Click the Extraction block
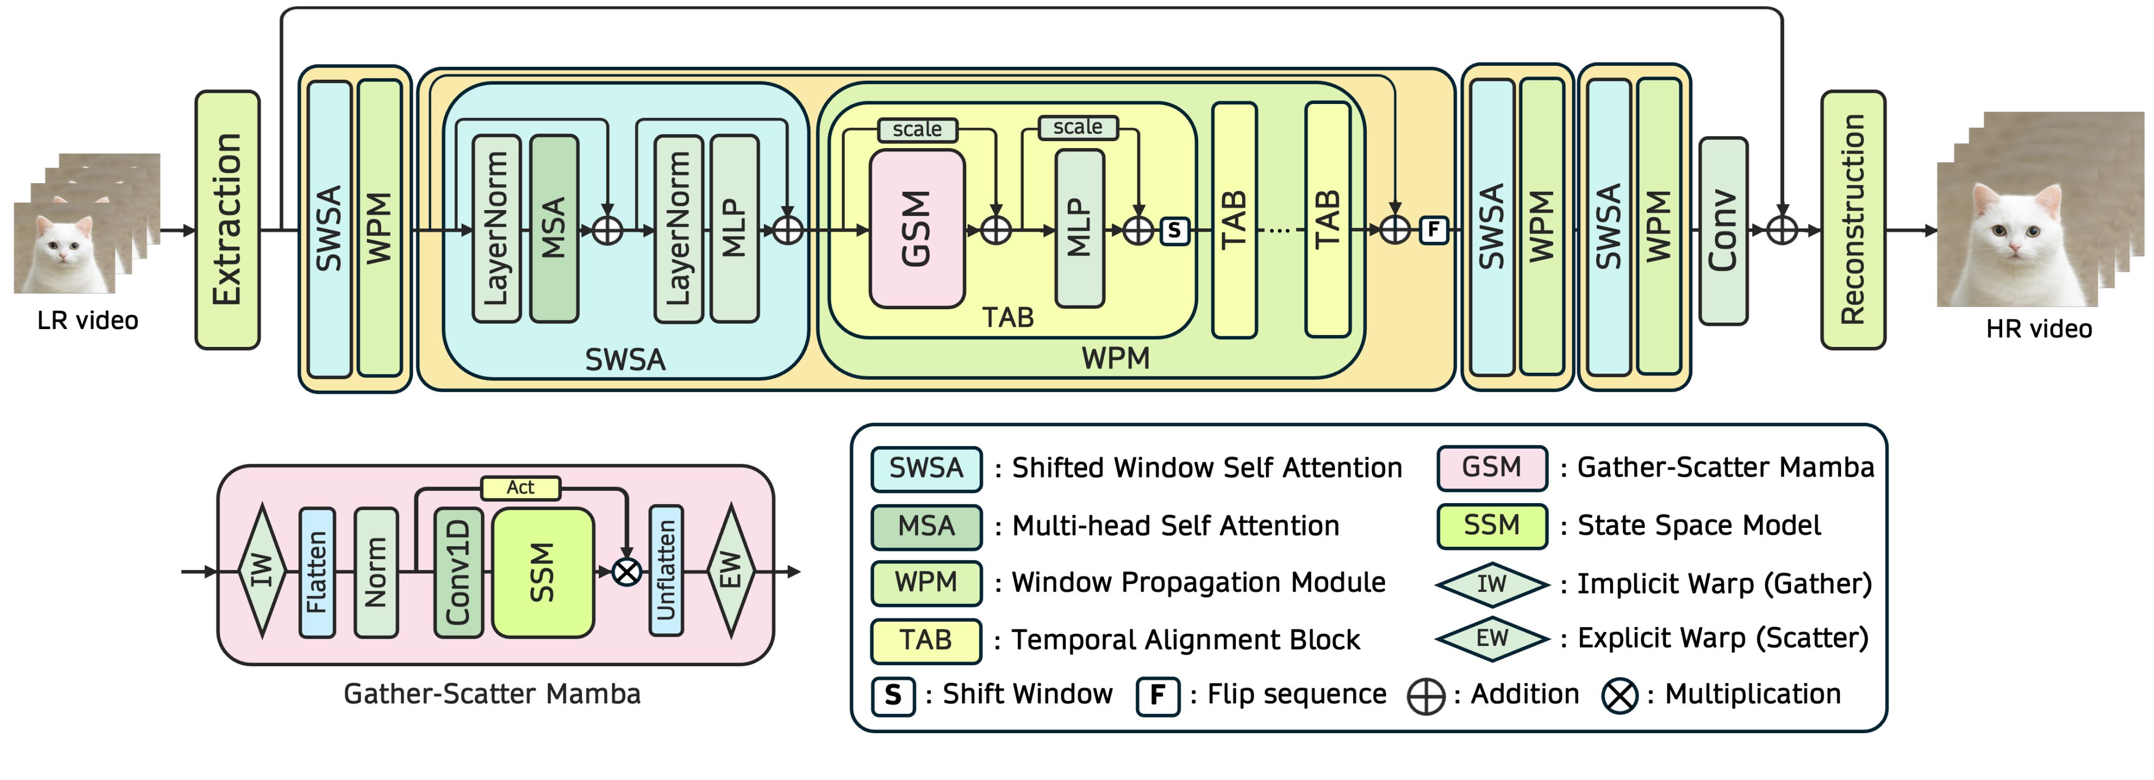pos(227,220)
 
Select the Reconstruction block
pos(1853,220)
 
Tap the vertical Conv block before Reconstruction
pos(1723,231)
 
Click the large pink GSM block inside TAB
pos(917,229)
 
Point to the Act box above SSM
pos(520,487)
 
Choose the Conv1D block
pos(458,573)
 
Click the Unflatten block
pos(666,571)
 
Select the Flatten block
pos(317,573)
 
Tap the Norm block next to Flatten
pos(375,573)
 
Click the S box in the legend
pos(893,695)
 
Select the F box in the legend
pos(1157,695)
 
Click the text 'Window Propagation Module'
pos(1198,583)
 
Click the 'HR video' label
pos(2039,329)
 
